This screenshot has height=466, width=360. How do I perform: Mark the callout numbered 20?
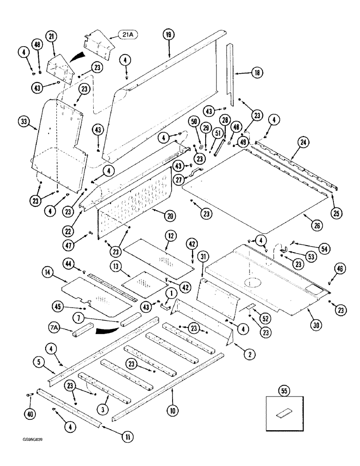[170, 215]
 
